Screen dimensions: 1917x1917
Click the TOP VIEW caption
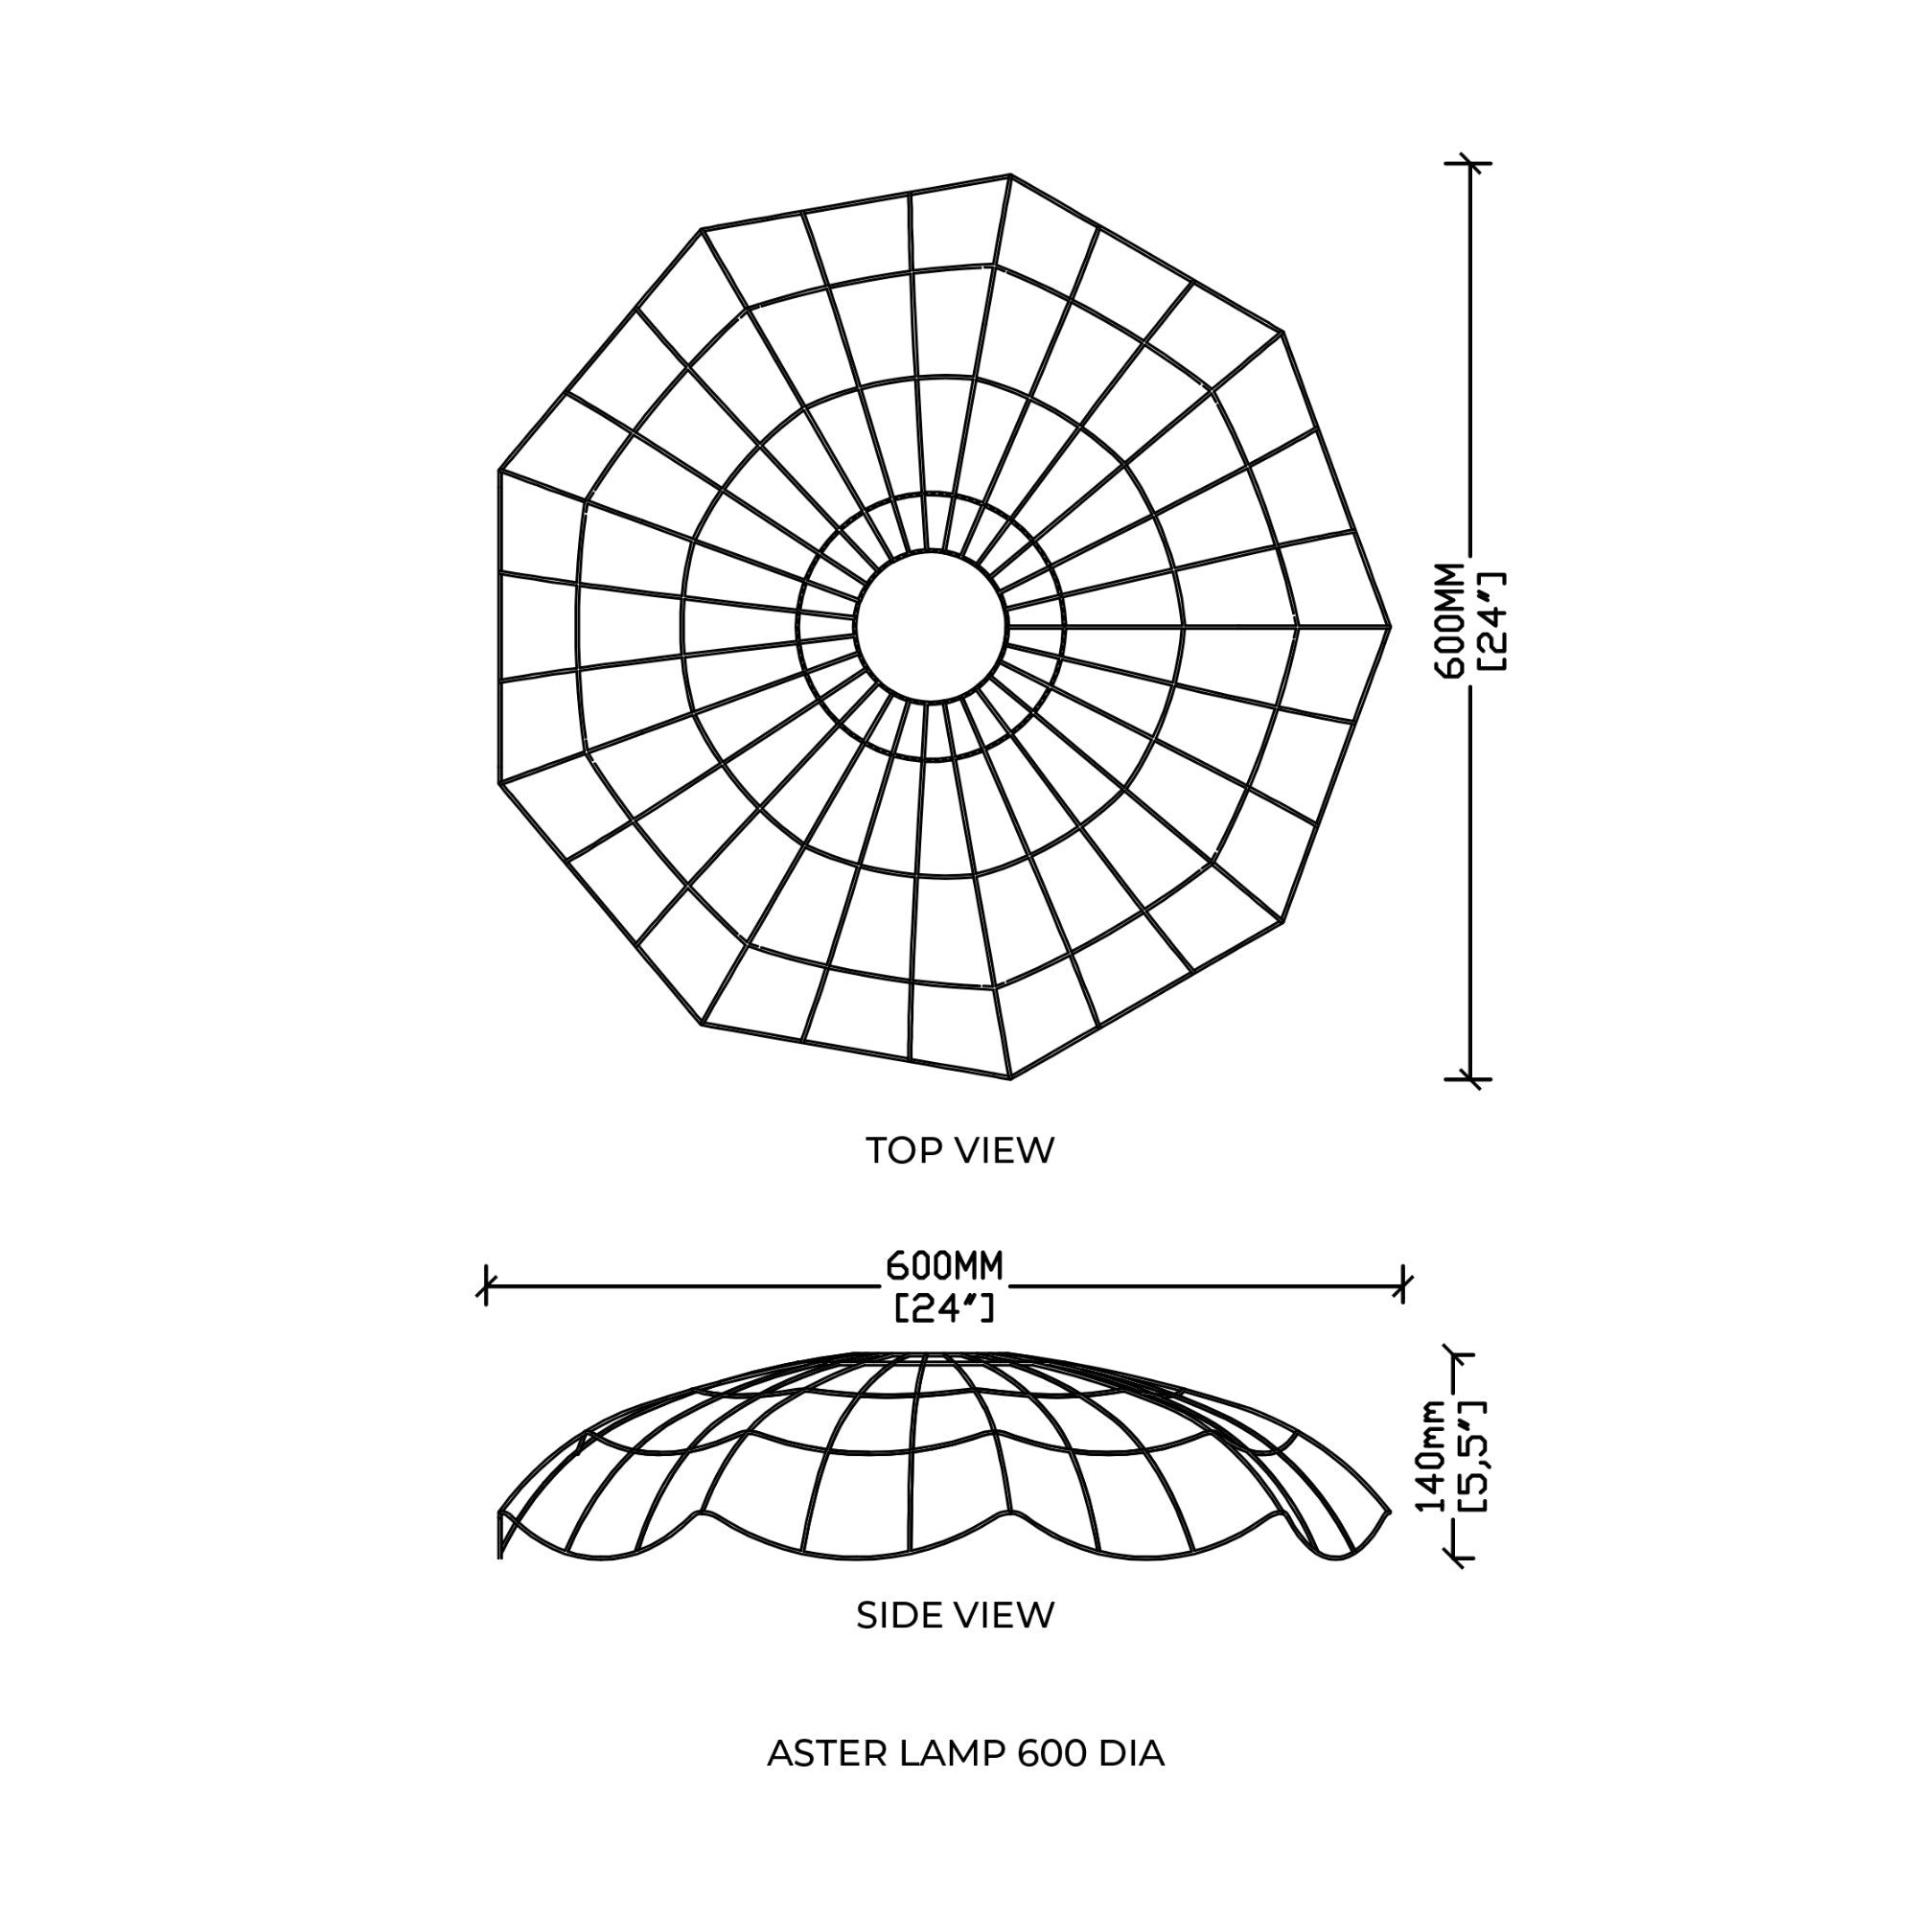[959, 1151]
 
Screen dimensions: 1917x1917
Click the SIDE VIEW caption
[956, 1615]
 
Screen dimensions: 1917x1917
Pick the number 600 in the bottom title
[1051, 1754]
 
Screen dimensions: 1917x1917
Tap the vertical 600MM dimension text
[1449, 620]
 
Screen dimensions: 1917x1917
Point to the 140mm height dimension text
[1432, 1456]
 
